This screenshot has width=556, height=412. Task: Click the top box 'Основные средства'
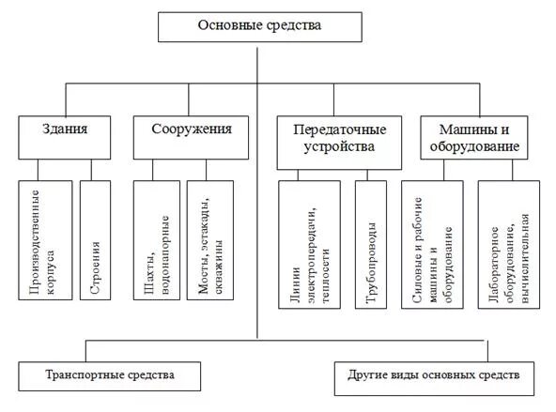[259, 27]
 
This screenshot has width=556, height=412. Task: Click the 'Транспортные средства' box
[110, 375]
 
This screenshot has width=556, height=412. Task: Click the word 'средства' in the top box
[295, 26]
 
